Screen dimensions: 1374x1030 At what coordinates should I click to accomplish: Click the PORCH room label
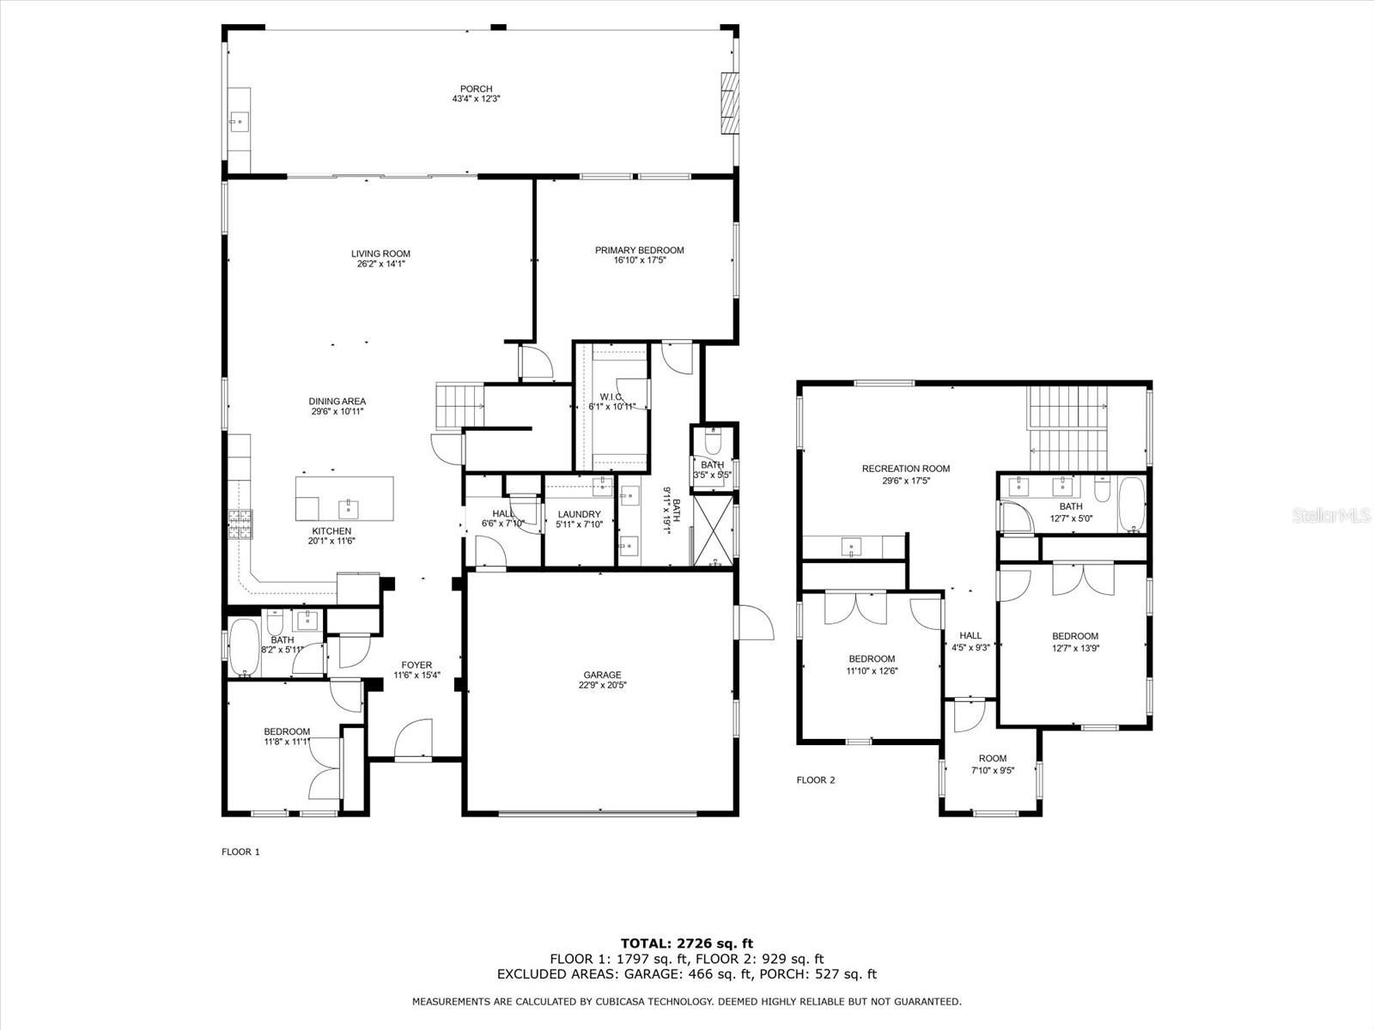[476, 88]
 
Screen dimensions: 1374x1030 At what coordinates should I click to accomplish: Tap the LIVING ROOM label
[380, 253]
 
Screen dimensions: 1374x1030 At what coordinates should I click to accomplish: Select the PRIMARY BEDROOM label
[639, 250]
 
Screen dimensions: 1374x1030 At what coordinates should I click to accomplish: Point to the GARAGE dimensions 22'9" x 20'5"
[602, 685]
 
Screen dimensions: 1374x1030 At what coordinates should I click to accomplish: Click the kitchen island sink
[348, 510]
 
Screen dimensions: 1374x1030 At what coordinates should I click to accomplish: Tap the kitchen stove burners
[240, 524]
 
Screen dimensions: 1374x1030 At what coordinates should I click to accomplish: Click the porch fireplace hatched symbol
[730, 112]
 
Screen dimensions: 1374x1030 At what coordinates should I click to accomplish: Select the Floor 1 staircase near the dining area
[460, 406]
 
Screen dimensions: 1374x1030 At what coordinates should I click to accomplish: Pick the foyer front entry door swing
[413, 738]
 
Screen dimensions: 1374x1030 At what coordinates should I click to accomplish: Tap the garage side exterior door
[756, 623]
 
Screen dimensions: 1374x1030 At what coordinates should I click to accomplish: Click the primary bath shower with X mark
[714, 530]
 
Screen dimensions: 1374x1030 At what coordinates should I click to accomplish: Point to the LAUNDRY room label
[579, 514]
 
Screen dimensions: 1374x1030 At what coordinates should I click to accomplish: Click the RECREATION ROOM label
[906, 469]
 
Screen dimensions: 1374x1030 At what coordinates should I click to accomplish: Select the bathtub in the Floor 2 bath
[1132, 505]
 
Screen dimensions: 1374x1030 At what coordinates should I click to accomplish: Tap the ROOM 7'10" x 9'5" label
[993, 765]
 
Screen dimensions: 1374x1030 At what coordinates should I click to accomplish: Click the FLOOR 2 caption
[816, 780]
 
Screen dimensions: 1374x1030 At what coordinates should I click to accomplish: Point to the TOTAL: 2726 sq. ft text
[687, 943]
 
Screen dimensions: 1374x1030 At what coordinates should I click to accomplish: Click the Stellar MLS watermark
[1331, 516]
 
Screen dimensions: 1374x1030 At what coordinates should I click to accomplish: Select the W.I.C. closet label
[611, 397]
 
